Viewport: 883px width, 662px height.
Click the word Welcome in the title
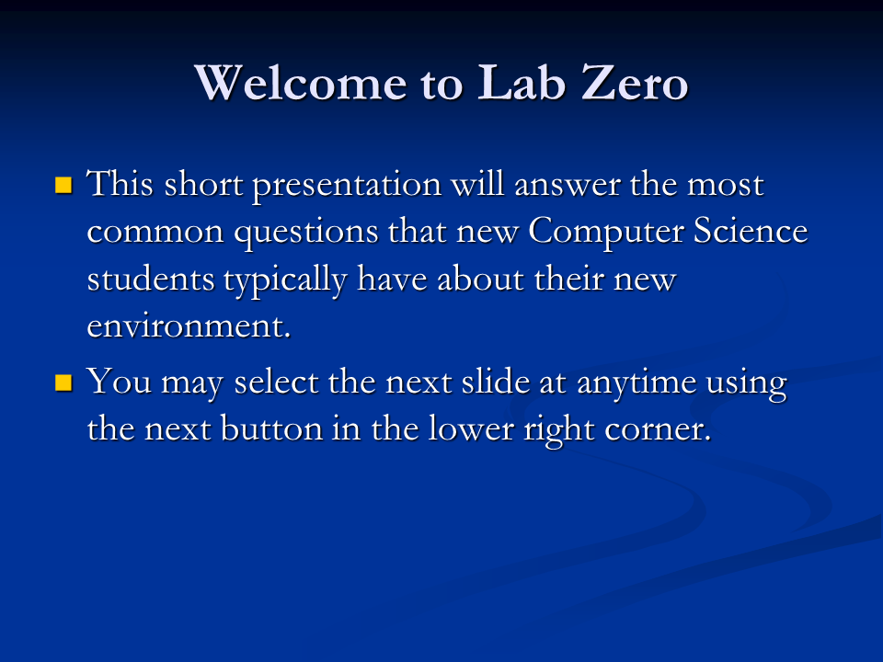[301, 83]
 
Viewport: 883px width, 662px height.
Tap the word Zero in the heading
[634, 83]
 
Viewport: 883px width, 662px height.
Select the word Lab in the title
[522, 83]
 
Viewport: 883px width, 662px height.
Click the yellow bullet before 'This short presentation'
[64, 185]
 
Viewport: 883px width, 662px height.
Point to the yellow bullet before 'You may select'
[64, 382]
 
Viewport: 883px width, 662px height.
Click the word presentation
[347, 186]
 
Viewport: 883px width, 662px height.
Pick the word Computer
[605, 232]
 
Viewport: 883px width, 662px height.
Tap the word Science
[751, 231]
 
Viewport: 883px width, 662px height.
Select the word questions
[306, 233]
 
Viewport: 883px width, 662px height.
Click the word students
[151, 279]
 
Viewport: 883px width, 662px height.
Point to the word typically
[285, 280]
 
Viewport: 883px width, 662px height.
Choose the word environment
[189, 326]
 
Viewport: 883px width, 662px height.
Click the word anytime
[636, 383]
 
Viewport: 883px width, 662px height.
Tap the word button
[270, 429]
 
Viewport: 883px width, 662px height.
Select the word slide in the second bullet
[495, 381]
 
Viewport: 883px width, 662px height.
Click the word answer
[567, 186]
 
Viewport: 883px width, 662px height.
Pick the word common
[155, 233]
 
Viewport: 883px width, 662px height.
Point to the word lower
[471, 429]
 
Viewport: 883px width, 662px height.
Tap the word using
[746, 384]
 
